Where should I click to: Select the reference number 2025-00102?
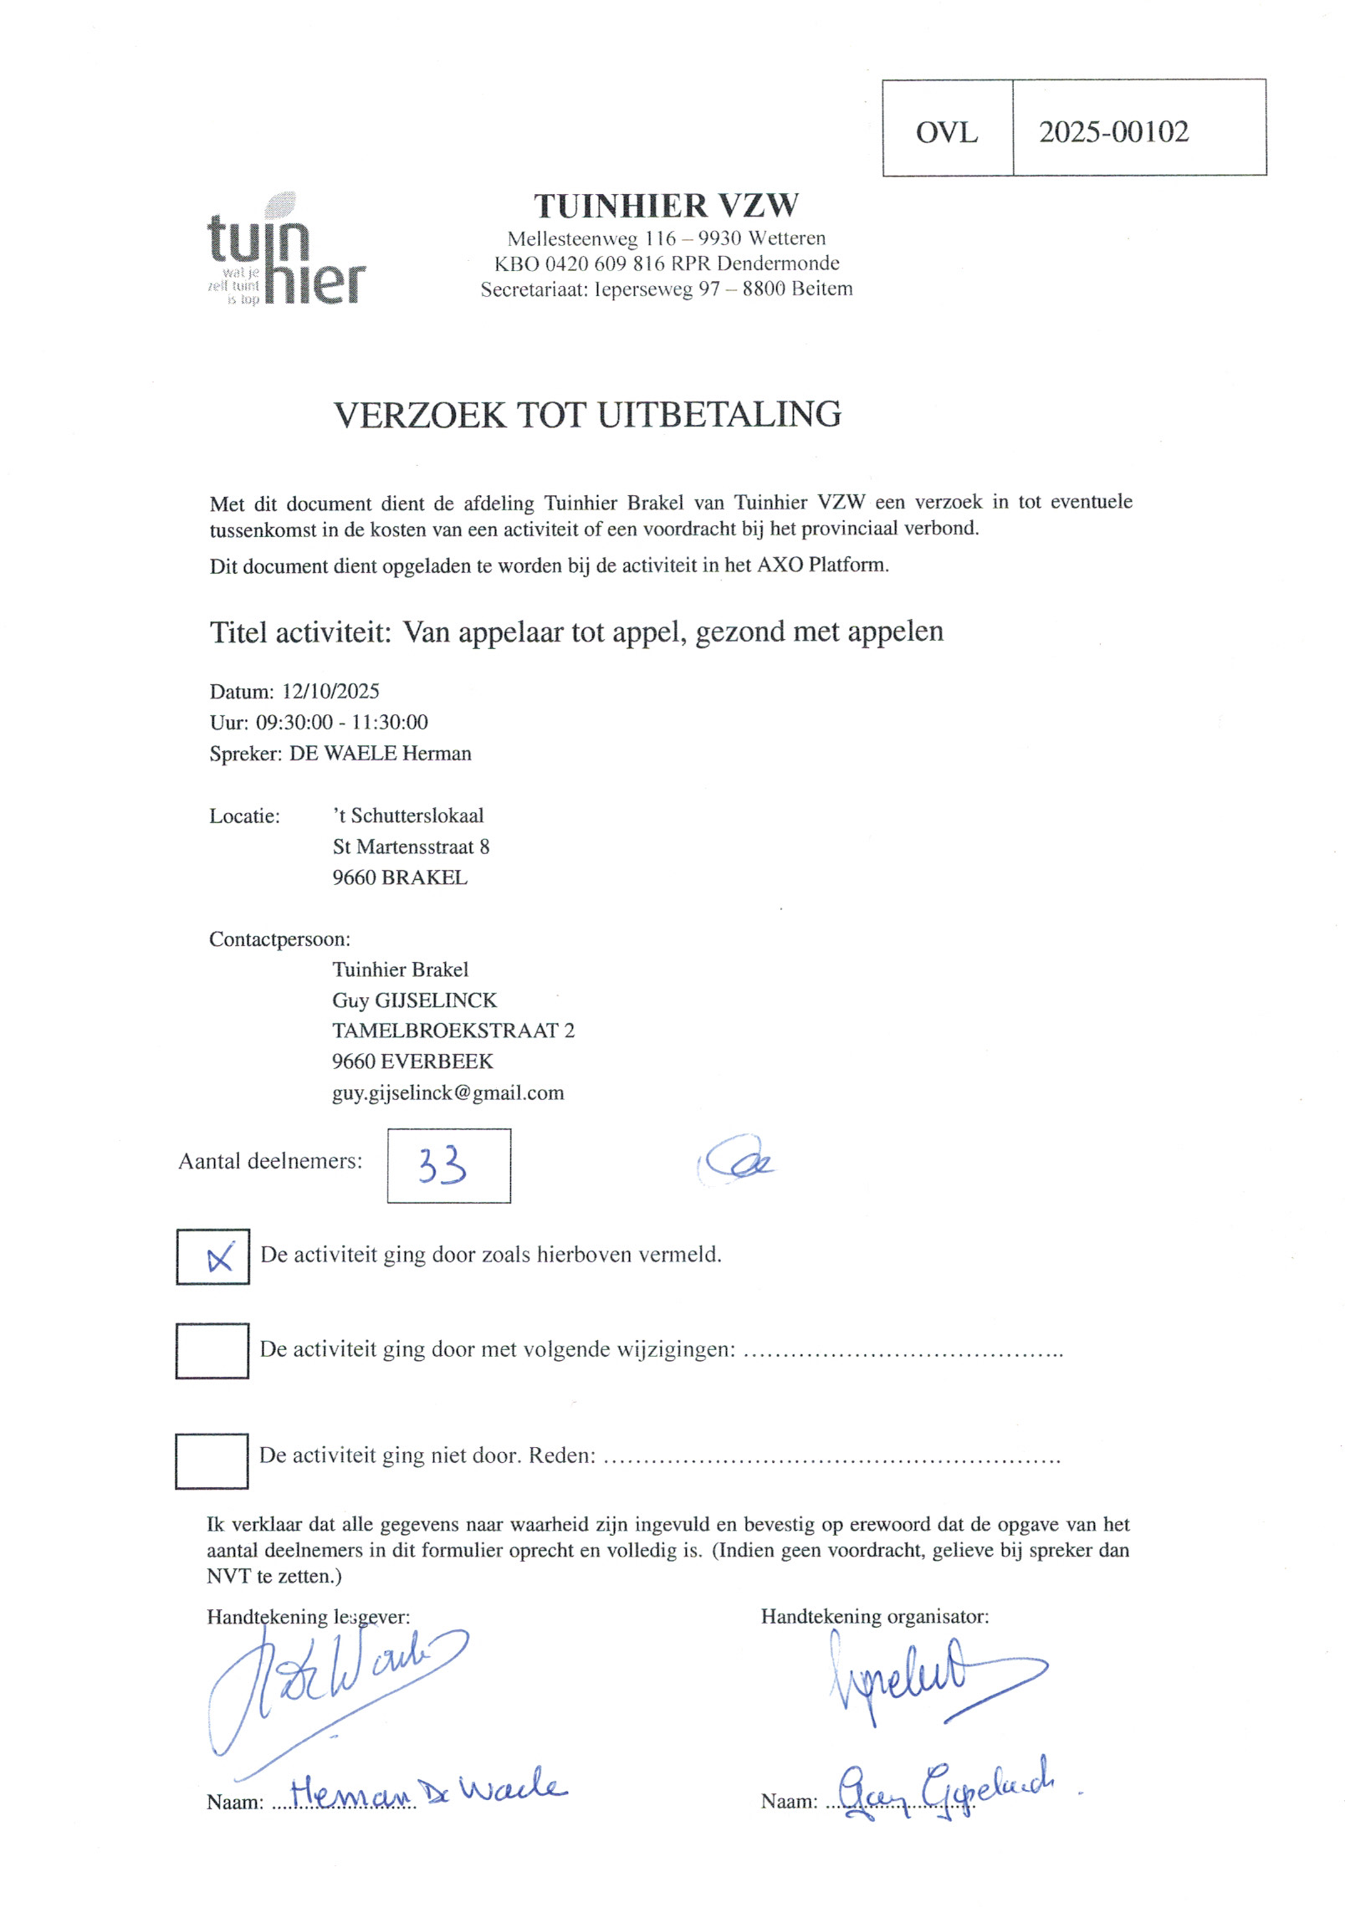1113,132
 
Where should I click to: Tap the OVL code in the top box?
946,132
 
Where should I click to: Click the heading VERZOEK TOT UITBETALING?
587,415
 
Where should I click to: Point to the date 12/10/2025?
330,691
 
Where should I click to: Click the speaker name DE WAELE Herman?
380,754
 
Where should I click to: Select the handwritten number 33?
442,1165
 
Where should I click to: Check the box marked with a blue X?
212,1256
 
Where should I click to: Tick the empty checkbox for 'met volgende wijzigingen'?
212,1350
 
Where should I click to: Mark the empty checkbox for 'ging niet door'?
212,1460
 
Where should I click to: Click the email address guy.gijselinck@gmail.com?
447,1092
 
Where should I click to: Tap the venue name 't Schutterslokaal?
408,816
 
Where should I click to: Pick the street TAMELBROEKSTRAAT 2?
453,1031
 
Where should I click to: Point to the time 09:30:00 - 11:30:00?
341,723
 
